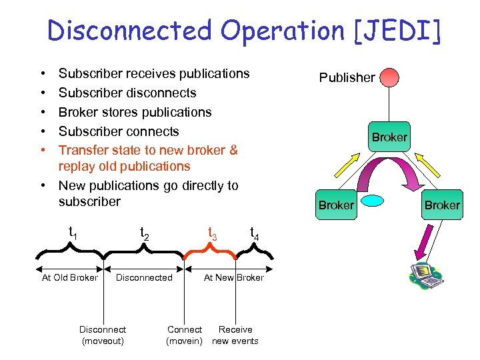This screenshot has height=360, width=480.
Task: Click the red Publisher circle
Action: point(389,77)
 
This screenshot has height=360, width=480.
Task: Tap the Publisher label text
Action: point(347,77)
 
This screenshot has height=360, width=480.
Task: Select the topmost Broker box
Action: point(389,137)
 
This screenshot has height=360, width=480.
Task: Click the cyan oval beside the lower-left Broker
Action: point(373,200)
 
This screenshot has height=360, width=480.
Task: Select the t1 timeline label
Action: point(73,232)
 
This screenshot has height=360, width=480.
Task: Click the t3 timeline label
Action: point(212,233)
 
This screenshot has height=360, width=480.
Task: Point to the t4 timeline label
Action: point(254,233)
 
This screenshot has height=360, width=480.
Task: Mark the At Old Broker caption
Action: point(69,277)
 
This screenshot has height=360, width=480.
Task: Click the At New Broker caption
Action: point(233,277)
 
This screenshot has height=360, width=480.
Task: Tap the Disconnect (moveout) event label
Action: point(103,335)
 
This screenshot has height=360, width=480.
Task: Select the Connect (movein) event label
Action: point(184,335)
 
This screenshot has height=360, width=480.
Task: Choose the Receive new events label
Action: point(235,335)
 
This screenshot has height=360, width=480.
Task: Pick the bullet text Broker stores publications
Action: point(135,112)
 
